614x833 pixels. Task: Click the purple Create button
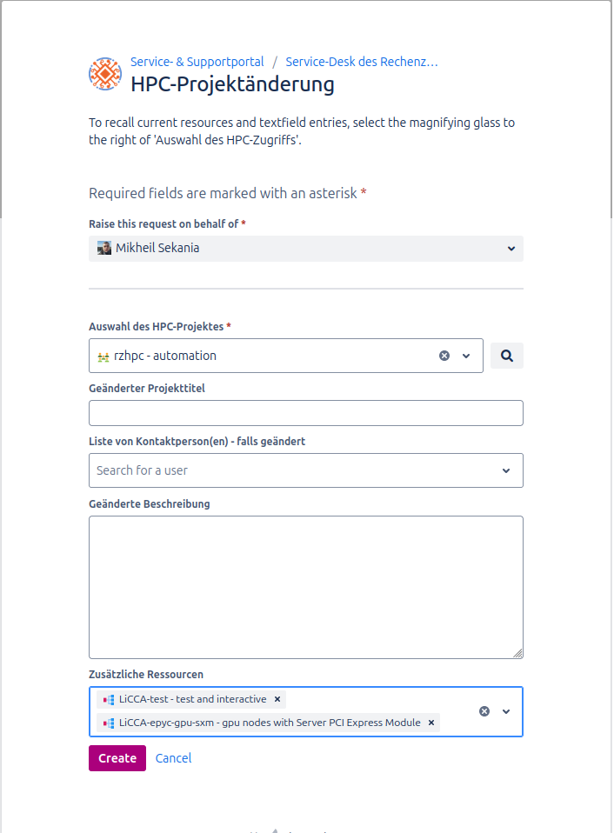(117, 758)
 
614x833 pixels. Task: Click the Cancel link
(173, 758)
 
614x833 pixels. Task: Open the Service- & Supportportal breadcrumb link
(197, 62)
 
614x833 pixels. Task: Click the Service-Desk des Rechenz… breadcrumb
(361, 62)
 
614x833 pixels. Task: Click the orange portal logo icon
(105, 74)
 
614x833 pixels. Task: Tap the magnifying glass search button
(507, 356)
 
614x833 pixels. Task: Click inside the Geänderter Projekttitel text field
(305, 413)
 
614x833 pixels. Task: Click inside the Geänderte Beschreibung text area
(305, 587)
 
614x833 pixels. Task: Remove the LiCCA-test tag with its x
(277, 699)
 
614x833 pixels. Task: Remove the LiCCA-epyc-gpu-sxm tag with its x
(430, 723)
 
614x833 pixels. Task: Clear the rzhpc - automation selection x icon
(444, 356)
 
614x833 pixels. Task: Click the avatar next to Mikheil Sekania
(104, 248)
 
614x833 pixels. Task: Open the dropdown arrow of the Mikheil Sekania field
(511, 249)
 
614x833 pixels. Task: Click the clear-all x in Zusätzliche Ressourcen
(484, 711)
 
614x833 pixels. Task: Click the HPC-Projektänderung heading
(232, 84)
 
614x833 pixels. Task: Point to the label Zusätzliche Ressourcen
(146, 674)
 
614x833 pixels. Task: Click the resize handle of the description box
(518, 654)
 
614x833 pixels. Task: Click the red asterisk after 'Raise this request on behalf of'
(244, 224)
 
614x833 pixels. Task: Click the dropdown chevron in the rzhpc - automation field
(466, 356)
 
